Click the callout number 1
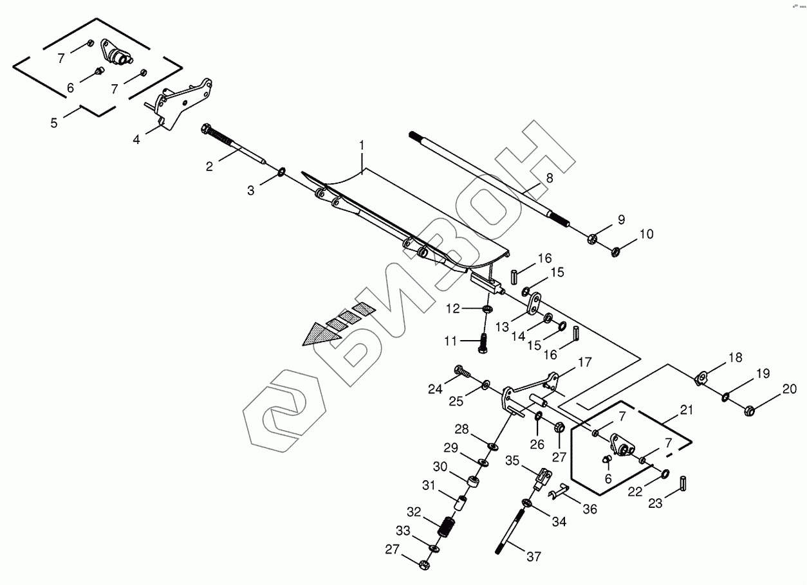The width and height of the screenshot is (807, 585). click(x=362, y=145)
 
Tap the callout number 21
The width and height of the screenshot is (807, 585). click(x=686, y=410)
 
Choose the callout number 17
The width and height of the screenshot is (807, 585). click(x=584, y=363)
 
